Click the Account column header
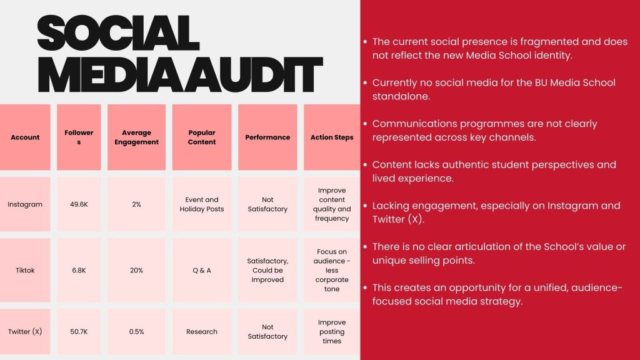25,137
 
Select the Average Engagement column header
136,137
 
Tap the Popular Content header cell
202,137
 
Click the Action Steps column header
332,137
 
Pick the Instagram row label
25,204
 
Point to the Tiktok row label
25,270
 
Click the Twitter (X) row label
25,331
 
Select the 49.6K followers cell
79,204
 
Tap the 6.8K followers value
79,270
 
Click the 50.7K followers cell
79,331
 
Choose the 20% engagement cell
136,270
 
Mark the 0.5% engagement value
136,331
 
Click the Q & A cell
202,270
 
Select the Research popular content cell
202,331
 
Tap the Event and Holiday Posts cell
202,204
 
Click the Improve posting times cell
332,331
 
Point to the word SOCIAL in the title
118,34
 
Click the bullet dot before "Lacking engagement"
365,206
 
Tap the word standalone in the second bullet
401,96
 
